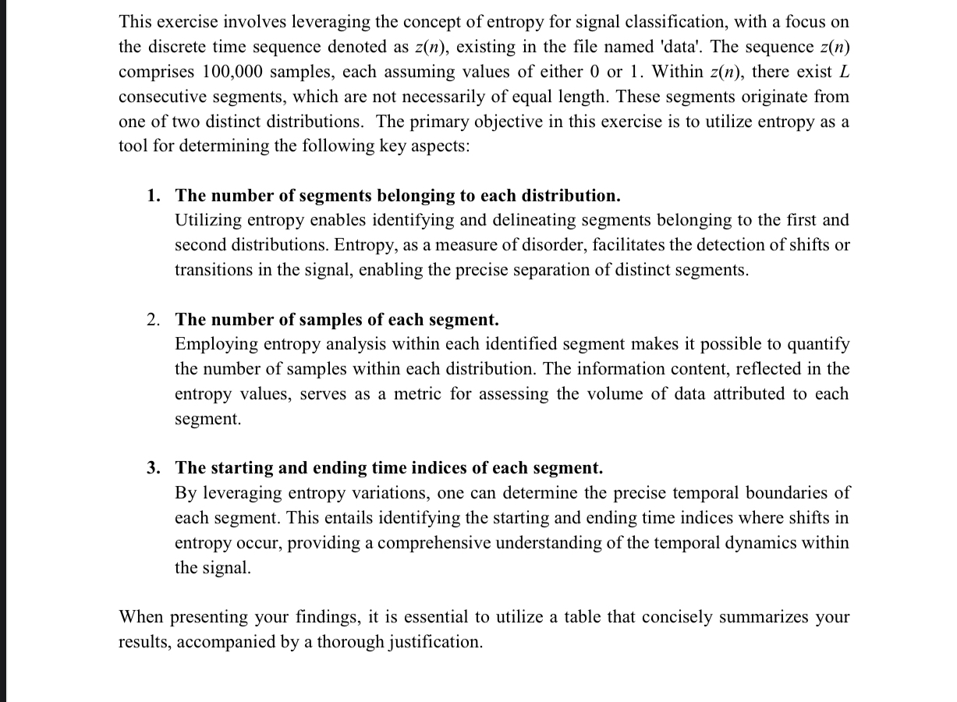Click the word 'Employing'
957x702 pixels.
[214, 344]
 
